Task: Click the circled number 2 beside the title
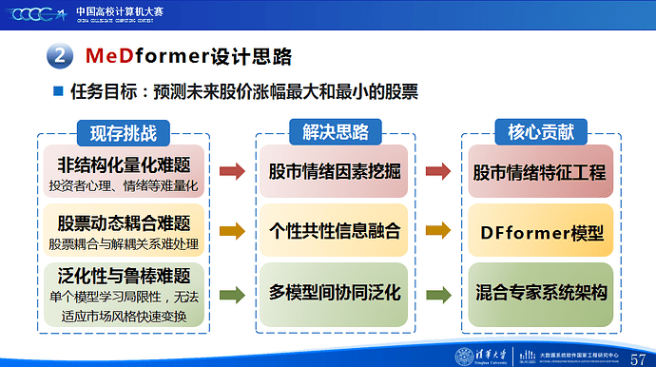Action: tap(58, 56)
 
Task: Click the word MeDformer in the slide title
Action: tap(138, 56)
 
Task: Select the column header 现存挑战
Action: tap(123, 132)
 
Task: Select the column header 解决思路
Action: tap(332, 132)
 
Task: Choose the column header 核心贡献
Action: tap(538, 132)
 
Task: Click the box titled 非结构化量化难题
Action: tap(124, 171)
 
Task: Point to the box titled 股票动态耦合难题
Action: tap(124, 231)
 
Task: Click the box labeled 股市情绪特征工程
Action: tap(539, 172)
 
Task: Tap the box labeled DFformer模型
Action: tap(539, 231)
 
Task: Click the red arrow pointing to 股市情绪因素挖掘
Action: tap(231, 172)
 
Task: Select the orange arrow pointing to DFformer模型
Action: tap(437, 230)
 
